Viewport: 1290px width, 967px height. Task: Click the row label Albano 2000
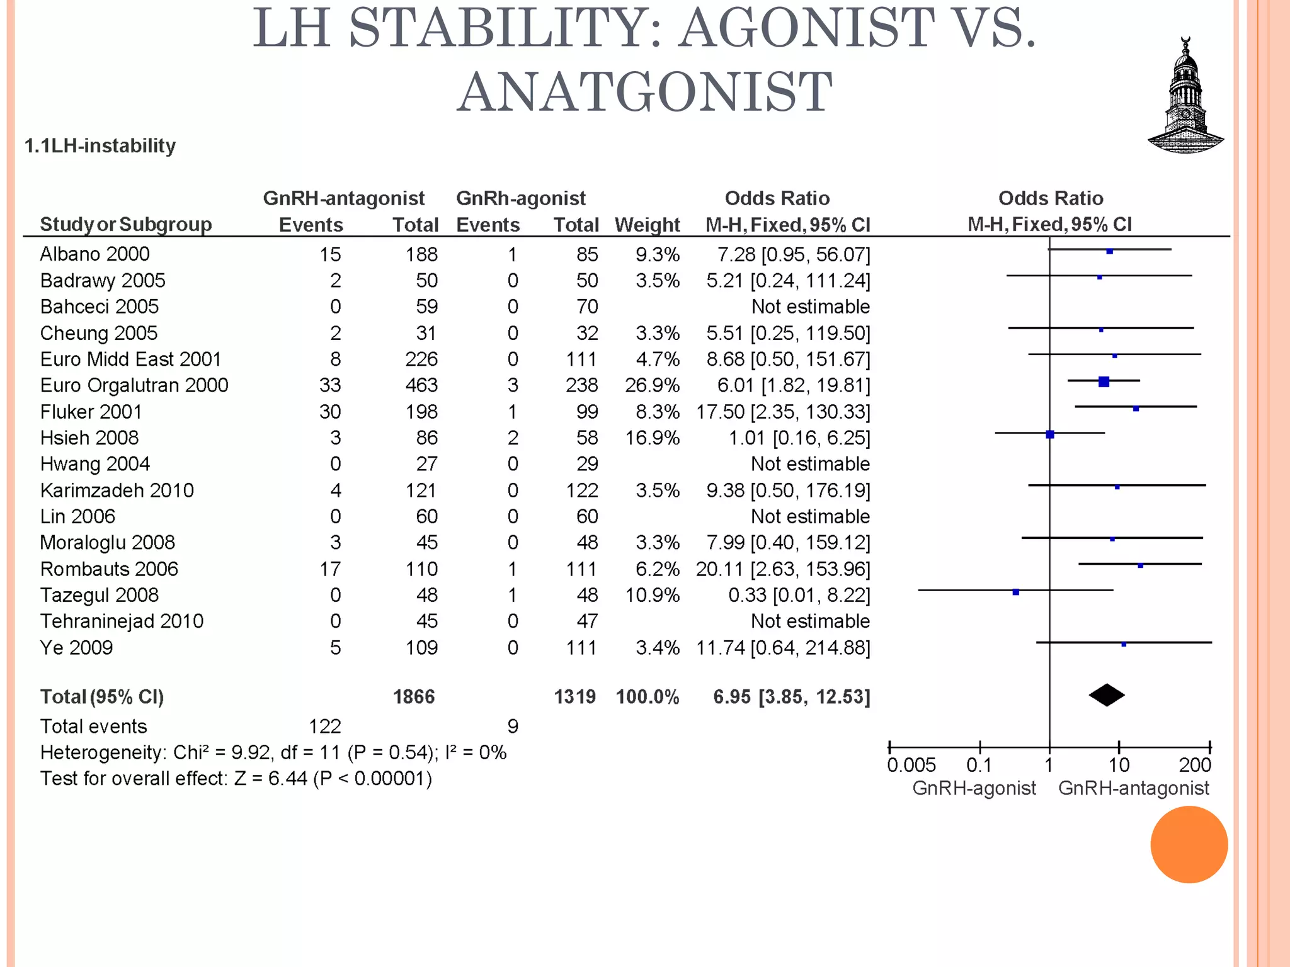coord(94,254)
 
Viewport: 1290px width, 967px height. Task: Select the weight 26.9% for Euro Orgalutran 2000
coord(652,385)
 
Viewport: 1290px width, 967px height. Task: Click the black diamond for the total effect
coord(1107,695)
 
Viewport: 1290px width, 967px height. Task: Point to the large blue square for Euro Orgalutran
coord(1104,382)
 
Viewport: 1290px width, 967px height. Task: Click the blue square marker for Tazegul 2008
coord(1015,592)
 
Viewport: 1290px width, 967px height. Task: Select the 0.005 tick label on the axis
coord(911,765)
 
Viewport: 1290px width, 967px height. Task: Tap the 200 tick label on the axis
coord(1195,765)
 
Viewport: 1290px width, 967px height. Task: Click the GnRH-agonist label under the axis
coord(974,788)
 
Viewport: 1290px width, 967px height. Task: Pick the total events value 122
coord(324,727)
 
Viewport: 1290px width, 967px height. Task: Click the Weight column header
coord(647,225)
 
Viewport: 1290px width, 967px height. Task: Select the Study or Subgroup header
coord(125,224)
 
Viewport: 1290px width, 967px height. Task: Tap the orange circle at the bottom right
coord(1189,844)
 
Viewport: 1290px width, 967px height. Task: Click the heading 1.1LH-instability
coord(100,146)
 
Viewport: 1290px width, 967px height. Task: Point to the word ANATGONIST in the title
coord(644,92)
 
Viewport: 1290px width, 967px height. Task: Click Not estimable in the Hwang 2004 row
coord(810,464)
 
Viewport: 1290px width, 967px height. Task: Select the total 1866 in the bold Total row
coord(414,697)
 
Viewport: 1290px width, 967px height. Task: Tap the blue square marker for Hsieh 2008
coord(1050,434)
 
